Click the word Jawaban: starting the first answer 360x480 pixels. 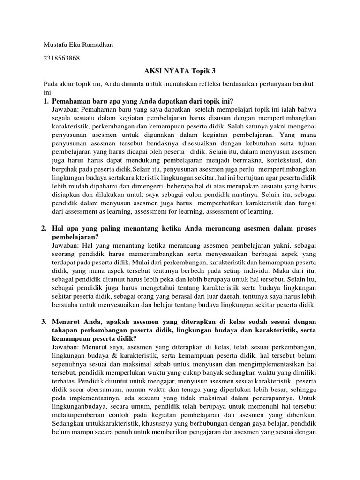(x=67, y=109)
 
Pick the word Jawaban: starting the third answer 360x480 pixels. (x=67, y=347)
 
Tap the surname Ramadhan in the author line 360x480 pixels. (x=97, y=45)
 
